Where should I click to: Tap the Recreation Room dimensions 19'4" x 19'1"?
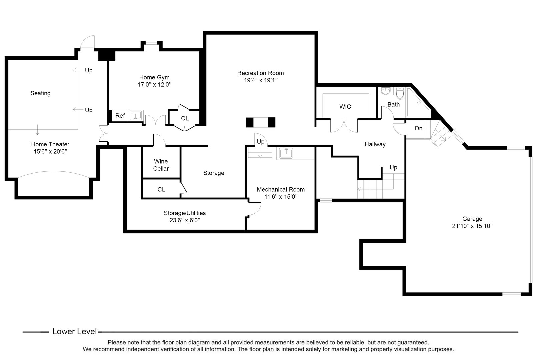coord(261,80)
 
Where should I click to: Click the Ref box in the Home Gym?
coord(120,116)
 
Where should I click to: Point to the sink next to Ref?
coord(136,116)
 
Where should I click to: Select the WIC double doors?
coord(344,126)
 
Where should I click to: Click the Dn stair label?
coord(419,128)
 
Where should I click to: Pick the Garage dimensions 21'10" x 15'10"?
coord(472,226)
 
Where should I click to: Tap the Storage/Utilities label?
coord(185,213)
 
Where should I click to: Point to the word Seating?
coord(40,93)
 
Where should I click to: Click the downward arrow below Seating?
coord(38,130)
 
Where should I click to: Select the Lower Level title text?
coord(75,332)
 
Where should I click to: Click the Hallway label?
coord(375,144)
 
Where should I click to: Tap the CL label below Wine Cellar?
coord(161,189)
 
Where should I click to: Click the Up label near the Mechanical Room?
coord(261,142)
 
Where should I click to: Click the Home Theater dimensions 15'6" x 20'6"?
coord(50,152)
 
